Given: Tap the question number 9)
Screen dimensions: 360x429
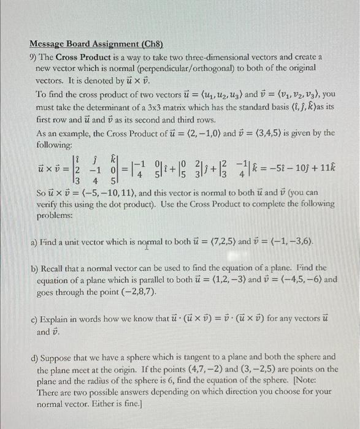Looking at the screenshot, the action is click(35, 56).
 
